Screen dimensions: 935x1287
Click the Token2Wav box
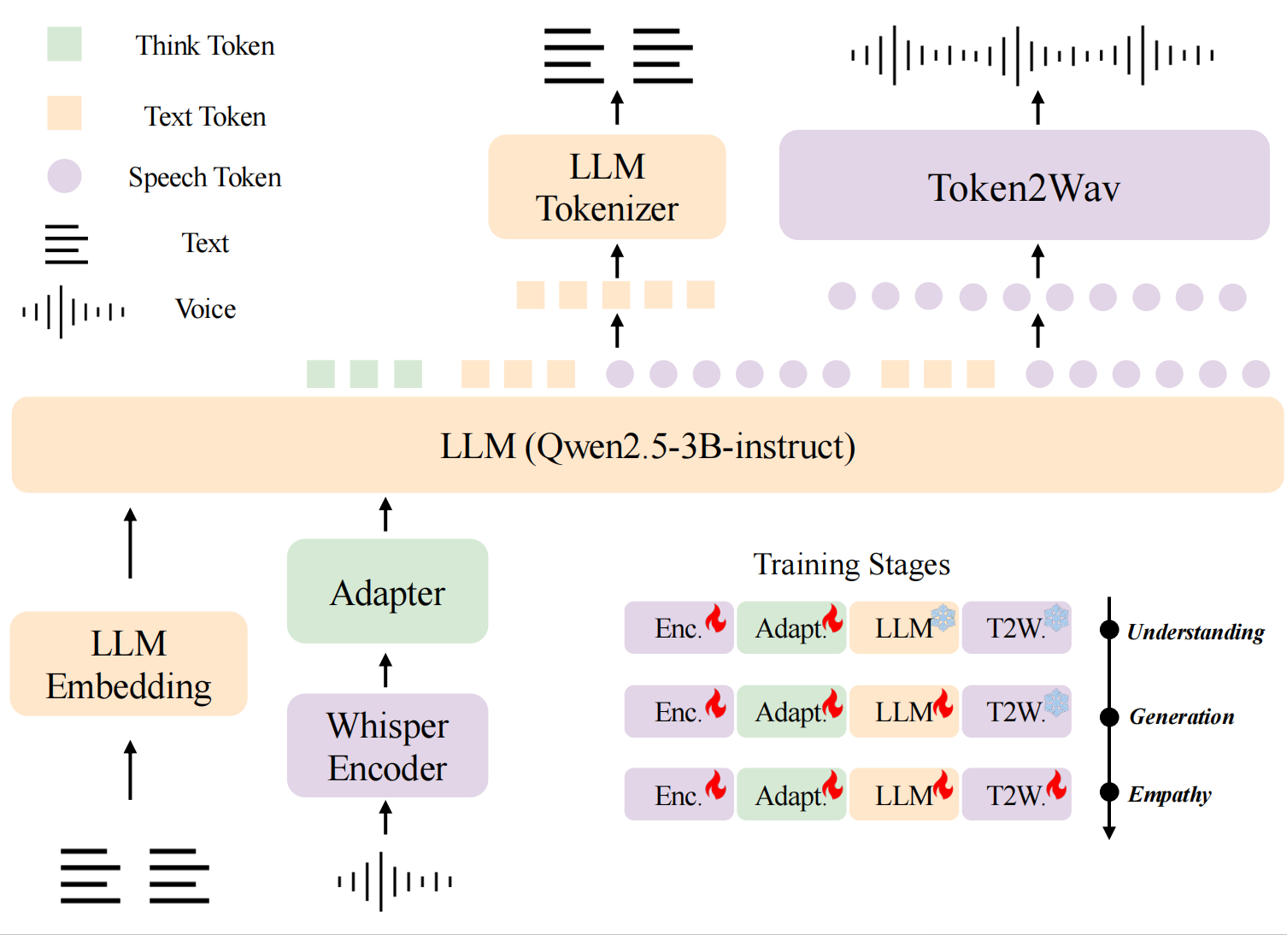tap(1024, 185)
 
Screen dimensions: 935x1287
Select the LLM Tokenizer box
tap(607, 187)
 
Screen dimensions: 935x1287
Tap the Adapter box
tap(387, 591)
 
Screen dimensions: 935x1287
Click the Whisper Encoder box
tap(387, 745)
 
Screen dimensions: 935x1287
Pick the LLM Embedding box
tap(129, 664)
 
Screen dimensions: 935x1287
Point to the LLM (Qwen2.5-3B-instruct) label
tap(647, 445)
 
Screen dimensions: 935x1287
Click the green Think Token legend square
tap(64, 44)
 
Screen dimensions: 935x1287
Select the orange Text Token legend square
tap(64, 113)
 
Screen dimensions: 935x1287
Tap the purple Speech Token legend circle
tap(64, 176)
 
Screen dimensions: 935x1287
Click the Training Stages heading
tap(851, 564)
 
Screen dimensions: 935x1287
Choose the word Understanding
tap(1195, 632)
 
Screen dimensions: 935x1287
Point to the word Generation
tap(1181, 716)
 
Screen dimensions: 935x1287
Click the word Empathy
tap(1169, 794)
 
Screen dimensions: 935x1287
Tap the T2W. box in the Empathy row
tap(1016, 795)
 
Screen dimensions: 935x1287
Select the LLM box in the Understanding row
tap(903, 628)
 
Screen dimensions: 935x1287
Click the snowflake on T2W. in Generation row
tap(1056, 702)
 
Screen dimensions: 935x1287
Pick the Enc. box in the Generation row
tap(679, 711)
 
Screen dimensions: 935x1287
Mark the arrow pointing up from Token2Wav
tap(1037, 108)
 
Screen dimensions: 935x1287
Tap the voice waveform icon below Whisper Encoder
tap(394, 880)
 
